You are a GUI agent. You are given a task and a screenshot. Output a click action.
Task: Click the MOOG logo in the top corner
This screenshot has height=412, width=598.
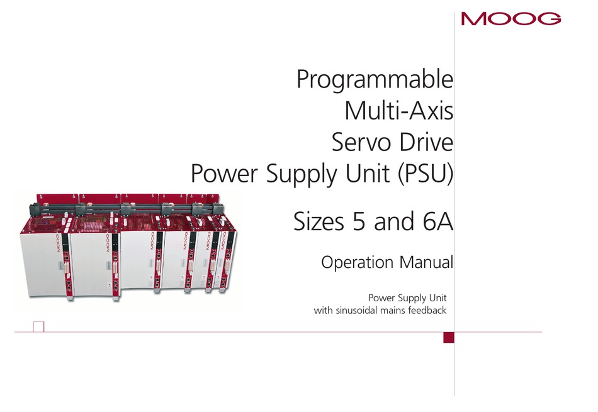pyautogui.click(x=511, y=19)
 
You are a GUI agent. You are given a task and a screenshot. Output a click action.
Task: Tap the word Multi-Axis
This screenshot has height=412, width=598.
pyautogui.click(x=398, y=111)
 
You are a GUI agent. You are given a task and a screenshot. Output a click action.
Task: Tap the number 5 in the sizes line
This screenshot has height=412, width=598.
pyautogui.click(x=359, y=221)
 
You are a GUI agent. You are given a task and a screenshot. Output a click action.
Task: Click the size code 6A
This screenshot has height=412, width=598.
pyautogui.click(x=438, y=221)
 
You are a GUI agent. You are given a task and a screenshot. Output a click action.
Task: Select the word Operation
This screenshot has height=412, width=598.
pyautogui.click(x=357, y=263)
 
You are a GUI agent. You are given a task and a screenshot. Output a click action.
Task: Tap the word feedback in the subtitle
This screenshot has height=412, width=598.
pyautogui.click(x=427, y=310)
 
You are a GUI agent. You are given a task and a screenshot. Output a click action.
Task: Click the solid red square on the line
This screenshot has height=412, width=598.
pyautogui.click(x=449, y=337)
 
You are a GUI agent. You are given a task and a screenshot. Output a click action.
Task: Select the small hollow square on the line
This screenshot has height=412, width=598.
pyautogui.click(x=39, y=326)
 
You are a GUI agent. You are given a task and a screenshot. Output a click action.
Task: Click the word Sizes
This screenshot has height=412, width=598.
pyautogui.click(x=319, y=221)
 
